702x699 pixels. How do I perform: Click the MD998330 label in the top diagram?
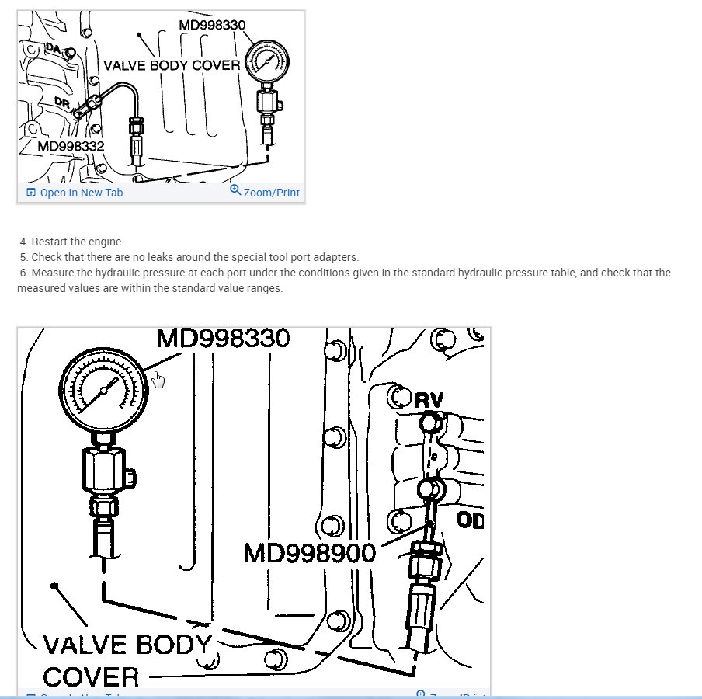pyautogui.click(x=212, y=24)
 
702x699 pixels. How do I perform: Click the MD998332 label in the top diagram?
pyautogui.click(x=71, y=145)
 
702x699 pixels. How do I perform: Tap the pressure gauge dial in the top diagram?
pyautogui.click(x=266, y=62)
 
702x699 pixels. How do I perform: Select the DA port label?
pyautogui.click(x=54, y=49)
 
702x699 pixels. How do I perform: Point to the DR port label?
pyautogui.click(x=63, y=103)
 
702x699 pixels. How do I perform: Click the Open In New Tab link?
pyautogui.click(x=81, y=193)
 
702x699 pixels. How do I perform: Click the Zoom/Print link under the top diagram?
pyautogui.click(x=271, y=193)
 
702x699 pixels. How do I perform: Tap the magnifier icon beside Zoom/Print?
pyautogui.click(x=235, y=190)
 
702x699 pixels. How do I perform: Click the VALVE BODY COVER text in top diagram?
pyautogui.click(x=172, y=65)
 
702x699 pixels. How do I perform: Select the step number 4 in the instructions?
pyautogui.click(x=23, y=242)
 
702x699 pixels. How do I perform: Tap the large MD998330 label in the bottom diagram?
pyautogui.click(x=223, y=338)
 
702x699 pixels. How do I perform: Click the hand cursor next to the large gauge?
pyautogui.click(x=158, y=379)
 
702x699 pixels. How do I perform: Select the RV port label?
pyautogui.click(x=429, y=401)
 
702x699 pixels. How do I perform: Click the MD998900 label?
pyautogui.click(x=310, y=553)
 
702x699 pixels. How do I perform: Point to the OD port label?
pyautogui.click(x=470, y=520)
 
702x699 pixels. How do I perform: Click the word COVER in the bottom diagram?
pyautogui.click(x=91, y=676)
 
